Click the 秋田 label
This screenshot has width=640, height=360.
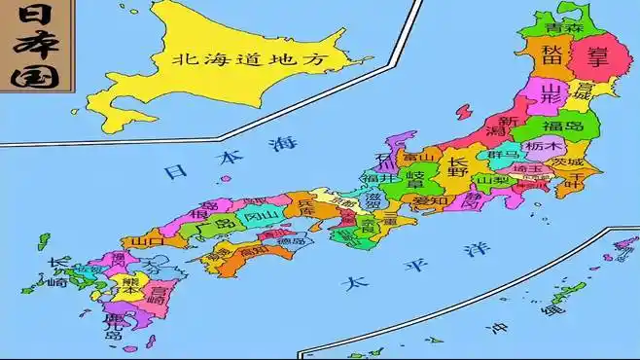coord(551,54)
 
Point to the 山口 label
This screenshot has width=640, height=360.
coord(148,240)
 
